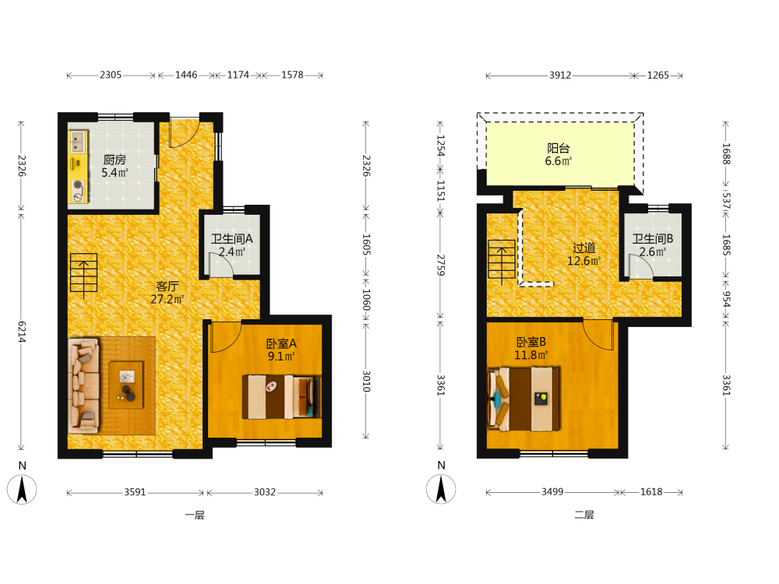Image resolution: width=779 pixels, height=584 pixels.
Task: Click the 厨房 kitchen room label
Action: click(x=115, y=160)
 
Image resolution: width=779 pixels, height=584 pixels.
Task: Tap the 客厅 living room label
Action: click(x=167, y=287)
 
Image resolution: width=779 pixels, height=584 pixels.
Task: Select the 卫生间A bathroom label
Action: click(x=232, y=239)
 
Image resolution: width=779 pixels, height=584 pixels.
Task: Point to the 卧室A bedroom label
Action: click(x=281, y=343)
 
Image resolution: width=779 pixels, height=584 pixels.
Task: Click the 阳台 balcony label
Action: click(x=559, y=148)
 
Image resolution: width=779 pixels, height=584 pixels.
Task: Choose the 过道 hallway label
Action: click(x=583, y=248)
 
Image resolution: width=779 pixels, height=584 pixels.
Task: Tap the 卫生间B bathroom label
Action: click(x=653, y=239)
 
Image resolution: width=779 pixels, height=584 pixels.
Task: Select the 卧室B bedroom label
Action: click(x=531, y=342)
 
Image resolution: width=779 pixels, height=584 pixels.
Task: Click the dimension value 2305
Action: click(x=111, y=75)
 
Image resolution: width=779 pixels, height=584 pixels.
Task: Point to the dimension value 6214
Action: click(x=22, y=332)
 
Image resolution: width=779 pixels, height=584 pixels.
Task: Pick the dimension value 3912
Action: click(x=560, y=76)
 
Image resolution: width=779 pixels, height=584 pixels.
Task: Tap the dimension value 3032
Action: click(x=265, y=492)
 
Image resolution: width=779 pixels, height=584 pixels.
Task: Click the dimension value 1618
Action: click(x=650, y=492)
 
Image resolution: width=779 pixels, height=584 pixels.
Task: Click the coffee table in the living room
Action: click(x=126, y=385)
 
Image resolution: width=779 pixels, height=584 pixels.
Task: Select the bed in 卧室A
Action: click(x=282, y=396)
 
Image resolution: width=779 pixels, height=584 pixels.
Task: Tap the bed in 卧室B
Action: click(x=523, y=399)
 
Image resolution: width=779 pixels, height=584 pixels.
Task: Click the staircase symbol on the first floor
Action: click(x=83, y=273)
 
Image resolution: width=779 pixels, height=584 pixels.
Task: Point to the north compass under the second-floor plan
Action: click(x=441, y=489)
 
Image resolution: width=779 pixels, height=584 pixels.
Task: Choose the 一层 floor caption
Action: click(x=195, y=515)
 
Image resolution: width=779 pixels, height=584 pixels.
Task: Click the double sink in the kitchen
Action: click(x=77, y=142)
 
